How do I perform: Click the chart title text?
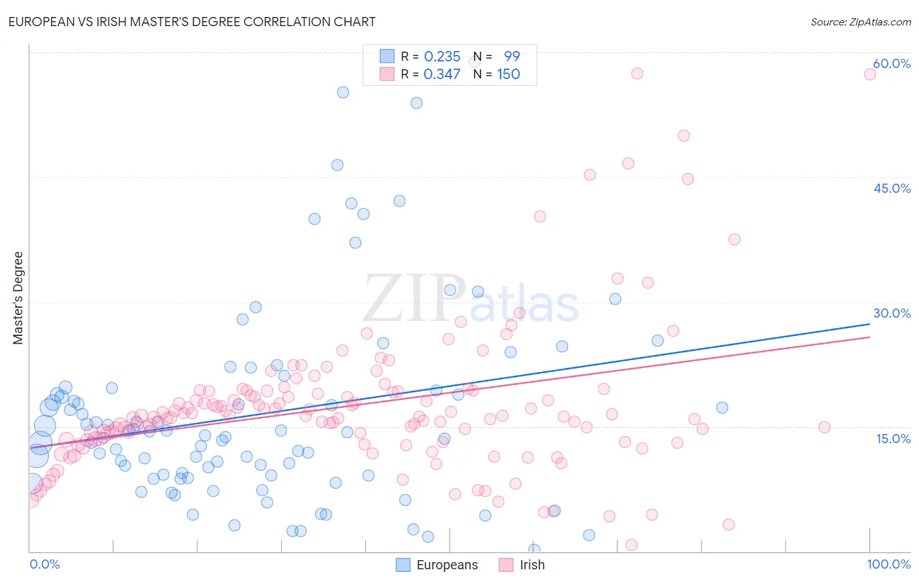point(192,22)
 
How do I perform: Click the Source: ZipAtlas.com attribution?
point(860,22)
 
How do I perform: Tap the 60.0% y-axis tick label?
point(892,63)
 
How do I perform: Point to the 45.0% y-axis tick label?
point(892,188)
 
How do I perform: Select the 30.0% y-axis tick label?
point(892,313)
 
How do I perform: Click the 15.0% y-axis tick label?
point(893,439)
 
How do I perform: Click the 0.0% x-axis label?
point(44,564)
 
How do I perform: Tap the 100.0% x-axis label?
point(888,564)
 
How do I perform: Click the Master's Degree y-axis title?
point(18,297)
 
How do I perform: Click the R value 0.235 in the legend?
point(442,57)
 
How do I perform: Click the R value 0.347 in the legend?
point(442,74)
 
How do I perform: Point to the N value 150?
point(509,74)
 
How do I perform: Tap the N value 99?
point(512,57)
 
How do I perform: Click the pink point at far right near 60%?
point(869,74)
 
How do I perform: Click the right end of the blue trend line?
point(869,324)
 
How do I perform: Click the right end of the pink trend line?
point(869,337)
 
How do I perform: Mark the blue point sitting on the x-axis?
point(534,550)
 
